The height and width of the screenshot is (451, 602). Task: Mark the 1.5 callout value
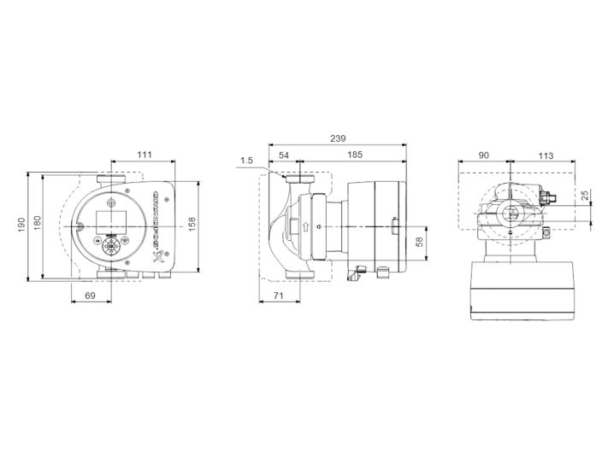[x=247, y=159]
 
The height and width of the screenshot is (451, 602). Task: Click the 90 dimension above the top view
[x=484, y=155]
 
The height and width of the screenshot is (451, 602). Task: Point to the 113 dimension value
[x=545, y=155]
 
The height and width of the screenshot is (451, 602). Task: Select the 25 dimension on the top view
[x=585, y=196]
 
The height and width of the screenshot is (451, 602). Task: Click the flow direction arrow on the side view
[x=304, y=227]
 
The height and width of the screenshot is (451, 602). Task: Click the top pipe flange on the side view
[x=299, y=180]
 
